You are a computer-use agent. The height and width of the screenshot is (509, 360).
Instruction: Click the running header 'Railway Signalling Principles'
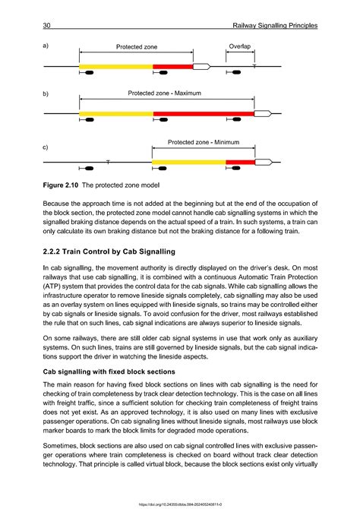[x=277, y=27]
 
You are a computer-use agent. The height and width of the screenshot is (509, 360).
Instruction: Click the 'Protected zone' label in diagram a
[x=137, y=47]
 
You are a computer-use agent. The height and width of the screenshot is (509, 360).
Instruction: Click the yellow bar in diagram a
[x=115, y=67]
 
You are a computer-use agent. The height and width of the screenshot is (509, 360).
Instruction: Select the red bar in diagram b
[x=204, y=114]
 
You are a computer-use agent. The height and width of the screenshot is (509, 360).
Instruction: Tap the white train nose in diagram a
[x=201, y=67]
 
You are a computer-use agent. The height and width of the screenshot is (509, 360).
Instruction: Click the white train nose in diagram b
[x=263, y=114]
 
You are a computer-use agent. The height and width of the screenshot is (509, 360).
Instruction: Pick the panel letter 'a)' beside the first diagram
[x=46, y=46]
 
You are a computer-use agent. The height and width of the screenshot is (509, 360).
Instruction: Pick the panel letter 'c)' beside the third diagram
[x=46, y=147]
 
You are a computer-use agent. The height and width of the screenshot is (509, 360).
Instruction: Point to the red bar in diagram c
[x=240, y=162]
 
